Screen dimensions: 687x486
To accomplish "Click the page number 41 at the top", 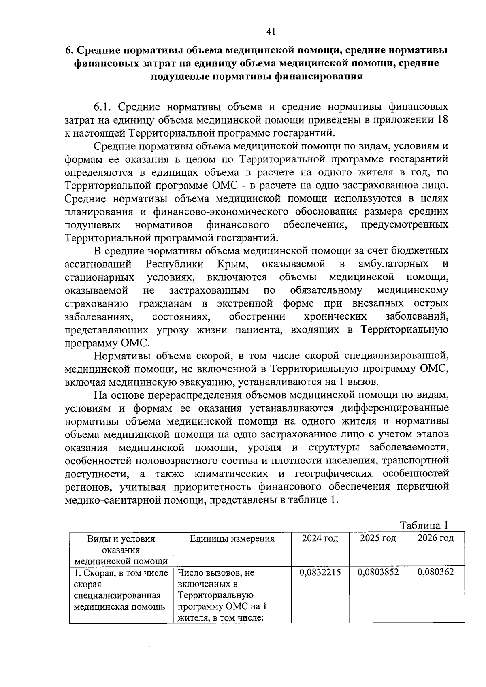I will click(x=271, y=32).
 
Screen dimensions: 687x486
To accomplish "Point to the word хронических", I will click(x=335, y=316).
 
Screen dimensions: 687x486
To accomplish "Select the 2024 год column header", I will click(x=320, y=538).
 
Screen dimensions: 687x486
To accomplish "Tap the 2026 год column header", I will click(x=435, y=538).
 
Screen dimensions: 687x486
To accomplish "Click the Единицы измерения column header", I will click(x=232, y=538).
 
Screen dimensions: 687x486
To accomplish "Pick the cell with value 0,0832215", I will click(x=320, y=572).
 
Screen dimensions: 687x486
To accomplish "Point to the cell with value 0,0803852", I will click(x=378, y=572).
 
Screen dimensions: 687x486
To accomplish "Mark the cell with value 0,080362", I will click(x=435, y=572).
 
